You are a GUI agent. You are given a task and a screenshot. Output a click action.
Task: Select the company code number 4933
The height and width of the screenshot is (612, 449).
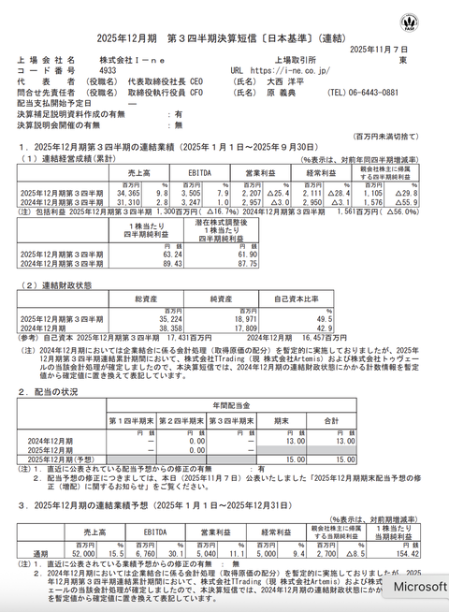tap(108, 69)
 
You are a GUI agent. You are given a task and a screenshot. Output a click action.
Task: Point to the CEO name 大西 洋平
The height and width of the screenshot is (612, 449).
tap(284, 80)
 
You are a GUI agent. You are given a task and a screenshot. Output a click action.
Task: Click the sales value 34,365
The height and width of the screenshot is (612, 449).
tap(137, 190)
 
